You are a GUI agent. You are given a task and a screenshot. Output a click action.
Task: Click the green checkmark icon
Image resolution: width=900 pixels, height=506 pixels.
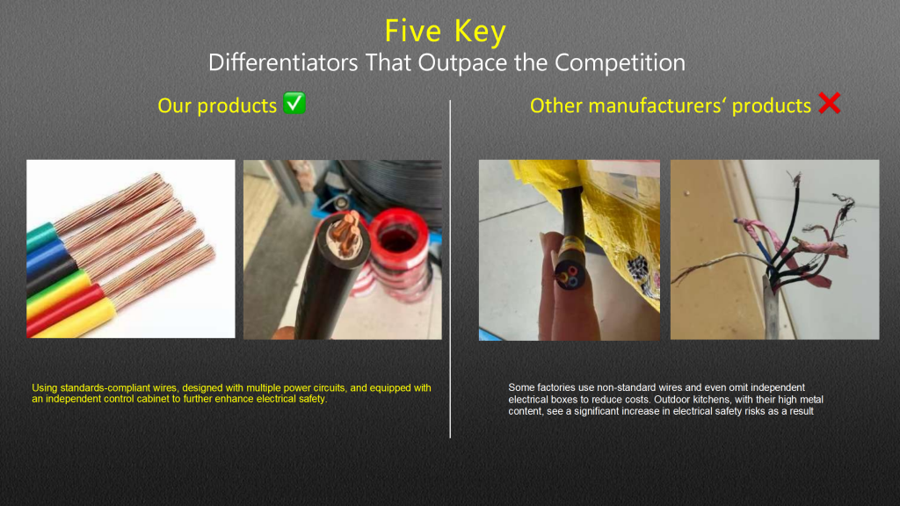click(294, 105)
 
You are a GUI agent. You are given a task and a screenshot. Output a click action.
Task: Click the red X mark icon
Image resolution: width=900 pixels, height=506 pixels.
click(829, 105)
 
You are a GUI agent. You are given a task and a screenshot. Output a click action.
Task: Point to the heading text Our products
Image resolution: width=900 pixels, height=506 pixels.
click(217, 105)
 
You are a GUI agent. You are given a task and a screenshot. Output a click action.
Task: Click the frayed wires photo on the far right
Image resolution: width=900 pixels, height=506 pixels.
click(774, 249)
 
